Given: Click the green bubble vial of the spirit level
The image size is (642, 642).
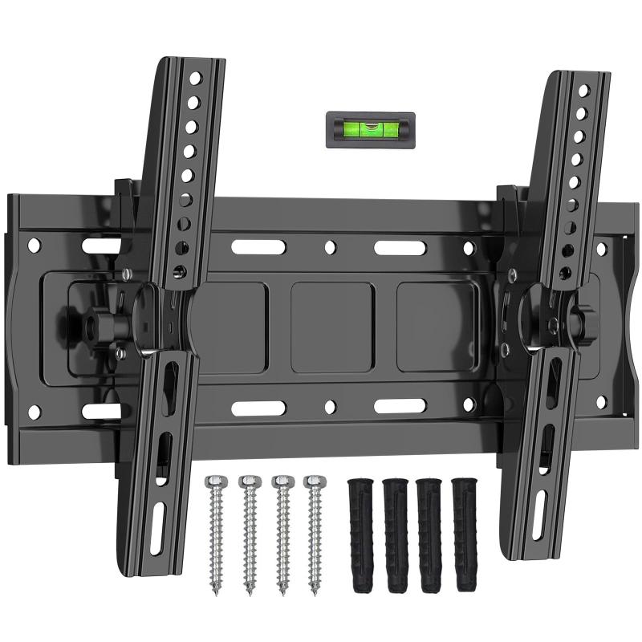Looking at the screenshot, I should [370, 126].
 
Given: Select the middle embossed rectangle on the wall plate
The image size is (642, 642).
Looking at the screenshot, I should [331, 327].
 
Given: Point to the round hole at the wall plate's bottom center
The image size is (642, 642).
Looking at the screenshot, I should [330, 408].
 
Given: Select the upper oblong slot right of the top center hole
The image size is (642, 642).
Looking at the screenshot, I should [398, 247].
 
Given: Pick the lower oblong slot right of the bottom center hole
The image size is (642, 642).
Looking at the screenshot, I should [398, 407].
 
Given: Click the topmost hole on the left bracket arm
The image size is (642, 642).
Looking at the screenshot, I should [193, 79].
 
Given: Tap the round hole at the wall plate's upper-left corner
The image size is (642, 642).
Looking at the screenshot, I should [34, 242].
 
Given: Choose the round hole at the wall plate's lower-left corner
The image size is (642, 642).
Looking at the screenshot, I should [34, 412].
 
